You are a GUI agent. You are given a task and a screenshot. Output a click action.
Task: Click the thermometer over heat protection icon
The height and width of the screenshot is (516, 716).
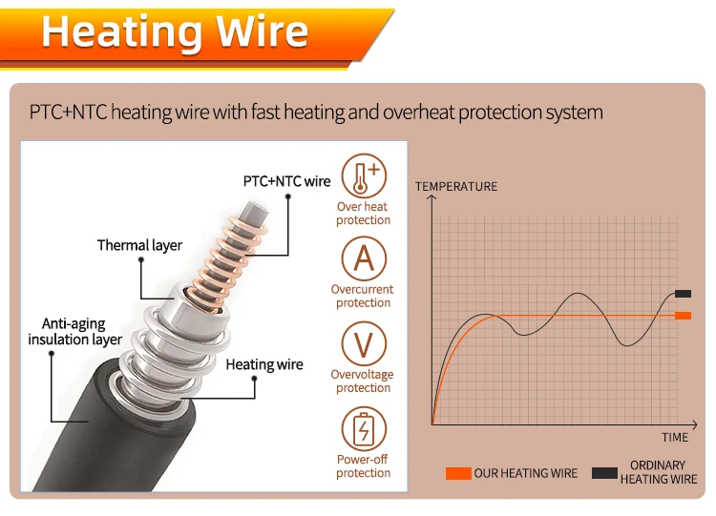pyautogui.click(x=364, y=176)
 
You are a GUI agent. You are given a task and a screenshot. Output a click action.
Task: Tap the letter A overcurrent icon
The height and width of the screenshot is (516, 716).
pyautogui.click(x=364, y=259)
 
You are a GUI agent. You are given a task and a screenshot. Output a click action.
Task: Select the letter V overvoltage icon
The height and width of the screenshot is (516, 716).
pyautogui.click(x=364, y=344)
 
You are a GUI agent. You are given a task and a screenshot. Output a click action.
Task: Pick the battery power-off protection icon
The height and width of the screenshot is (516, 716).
pyautogui.click(x=364, y=428)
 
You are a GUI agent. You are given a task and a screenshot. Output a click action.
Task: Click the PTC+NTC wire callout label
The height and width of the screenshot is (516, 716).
pyautogui.click(x=286, y=181)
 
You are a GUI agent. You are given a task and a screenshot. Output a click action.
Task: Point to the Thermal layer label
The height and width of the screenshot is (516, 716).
pyautogui.click(x=139, y=245)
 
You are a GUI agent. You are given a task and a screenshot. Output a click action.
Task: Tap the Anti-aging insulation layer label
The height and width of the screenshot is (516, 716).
pyautogui.click(x=75, y=332)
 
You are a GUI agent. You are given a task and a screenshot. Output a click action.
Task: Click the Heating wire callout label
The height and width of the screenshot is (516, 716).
pyautogui.click(x=264, y=364)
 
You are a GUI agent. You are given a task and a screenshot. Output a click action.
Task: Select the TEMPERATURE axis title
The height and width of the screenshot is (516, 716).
pyautogui.click(x=456, y=186)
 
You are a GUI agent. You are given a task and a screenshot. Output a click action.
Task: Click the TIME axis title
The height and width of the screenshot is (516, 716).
pyautogui.click(x=674, y=437)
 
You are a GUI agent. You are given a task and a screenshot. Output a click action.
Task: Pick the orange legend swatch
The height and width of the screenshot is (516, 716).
pyautogui.click(x=458, y=473)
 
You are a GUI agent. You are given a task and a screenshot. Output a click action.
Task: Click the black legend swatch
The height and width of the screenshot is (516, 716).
pyautogui.click(x=604, y=473)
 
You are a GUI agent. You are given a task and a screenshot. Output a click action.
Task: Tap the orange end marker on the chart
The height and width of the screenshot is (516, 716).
pyautogui.click(x=683, y=315)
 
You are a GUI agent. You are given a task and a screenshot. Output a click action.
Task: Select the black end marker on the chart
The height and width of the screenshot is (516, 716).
pyautogui.click(x=683, y=293)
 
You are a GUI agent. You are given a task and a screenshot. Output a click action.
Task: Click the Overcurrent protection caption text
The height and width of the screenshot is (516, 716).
pyautogui.click(x=363, y=296)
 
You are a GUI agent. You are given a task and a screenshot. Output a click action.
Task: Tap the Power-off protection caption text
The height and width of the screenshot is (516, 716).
pyautogui.click(x=363, y=465)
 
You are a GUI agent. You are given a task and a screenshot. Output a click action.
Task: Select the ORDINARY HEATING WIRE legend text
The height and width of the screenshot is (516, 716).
pyautogui.click(x=658, y=472)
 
